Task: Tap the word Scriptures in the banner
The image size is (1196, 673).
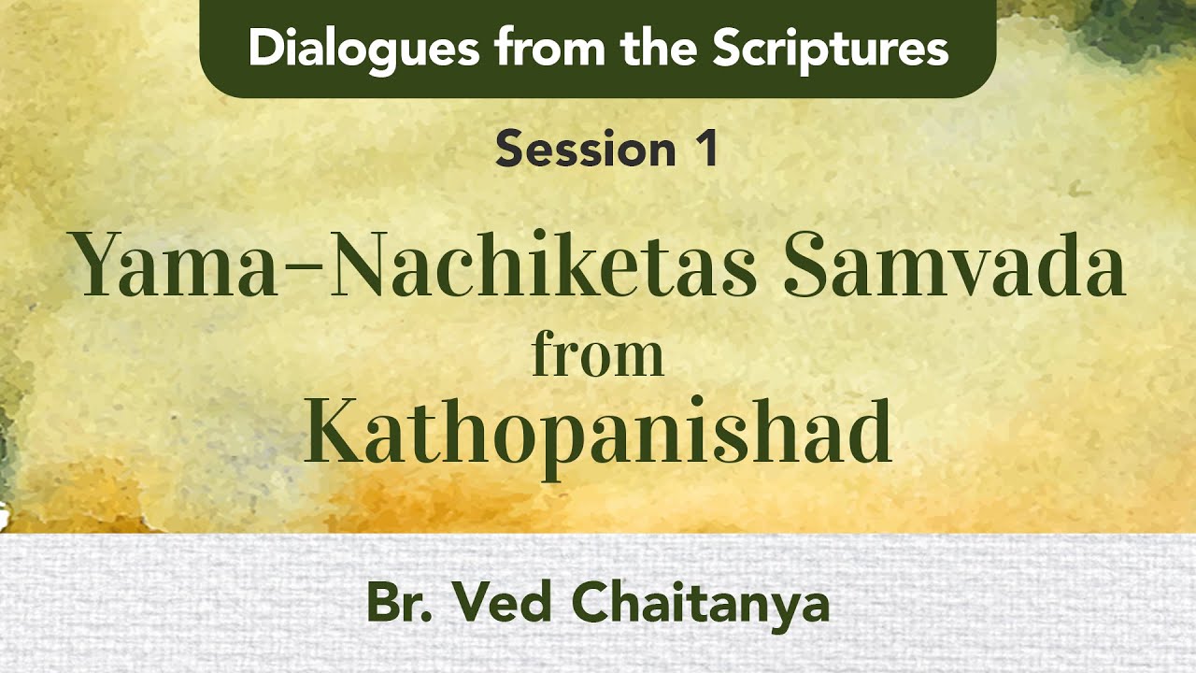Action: pos(830,50)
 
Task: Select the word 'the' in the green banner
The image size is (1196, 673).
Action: pos(662,49)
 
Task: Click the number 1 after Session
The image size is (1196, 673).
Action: pos(706,150)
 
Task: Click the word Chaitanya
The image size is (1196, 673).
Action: pos(700,606)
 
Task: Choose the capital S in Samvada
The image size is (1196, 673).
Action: pos(808,265)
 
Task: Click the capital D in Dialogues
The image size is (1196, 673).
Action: pos(265,49)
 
